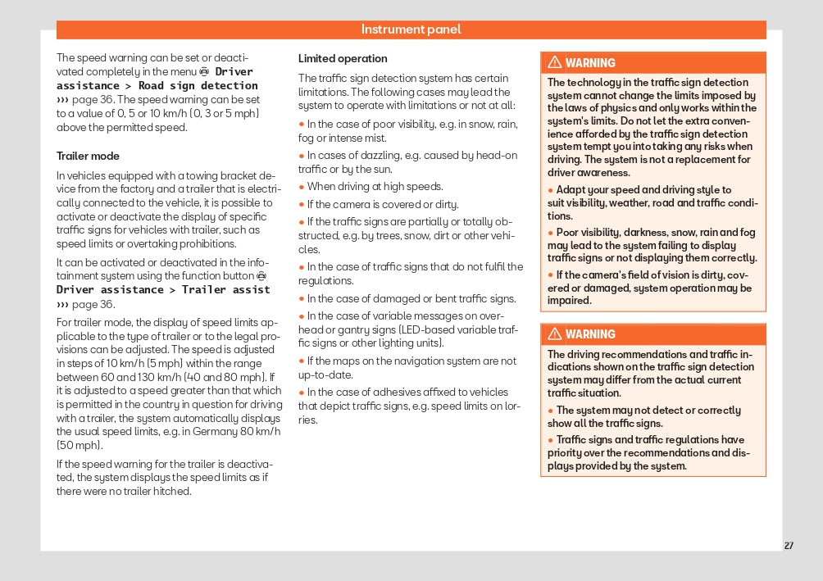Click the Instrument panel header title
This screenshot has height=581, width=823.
(x=411, y=30)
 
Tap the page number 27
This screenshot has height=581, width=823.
(x=789, y=546)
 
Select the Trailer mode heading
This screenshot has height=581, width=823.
(x=88, y=156)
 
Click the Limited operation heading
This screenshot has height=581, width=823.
(x=343, y=59)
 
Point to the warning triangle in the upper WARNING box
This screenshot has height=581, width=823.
(x=555, y=63)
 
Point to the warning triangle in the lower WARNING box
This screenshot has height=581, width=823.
(x=555, y=334)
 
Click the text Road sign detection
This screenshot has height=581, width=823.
(x=198, y=85)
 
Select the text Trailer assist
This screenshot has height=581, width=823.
(x=225, y=289)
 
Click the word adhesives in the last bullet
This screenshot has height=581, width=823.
(x=393, y=393)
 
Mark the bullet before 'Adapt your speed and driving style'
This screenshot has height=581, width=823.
(x=551, y=190)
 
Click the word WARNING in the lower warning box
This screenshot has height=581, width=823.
(x=590, y=334)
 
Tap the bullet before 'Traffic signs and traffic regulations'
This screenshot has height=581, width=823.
(x=551, y=440)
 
